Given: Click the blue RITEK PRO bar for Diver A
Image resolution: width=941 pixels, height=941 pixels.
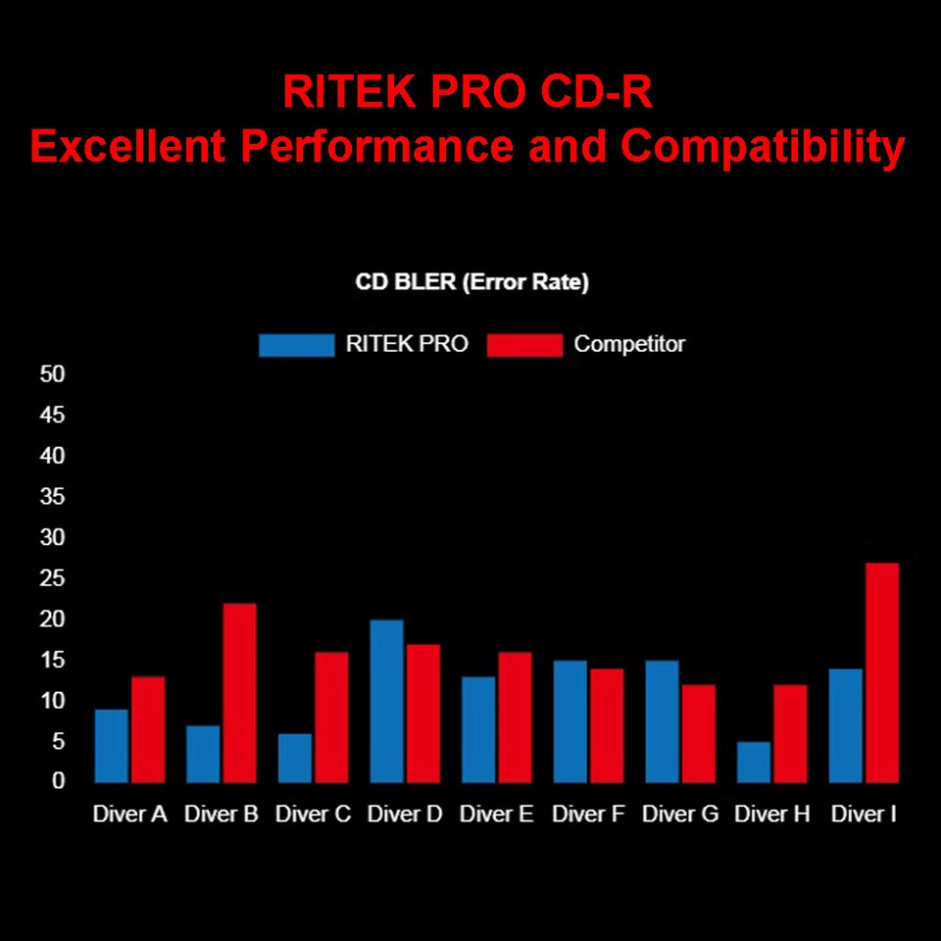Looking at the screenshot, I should [111, 746].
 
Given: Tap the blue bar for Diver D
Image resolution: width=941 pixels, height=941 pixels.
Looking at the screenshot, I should [386, 701].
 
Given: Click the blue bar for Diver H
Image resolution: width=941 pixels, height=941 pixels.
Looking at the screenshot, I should [754, 762].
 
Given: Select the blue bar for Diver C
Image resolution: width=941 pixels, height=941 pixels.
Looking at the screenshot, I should [294, 758].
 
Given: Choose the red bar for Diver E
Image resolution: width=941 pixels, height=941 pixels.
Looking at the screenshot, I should [515, 717].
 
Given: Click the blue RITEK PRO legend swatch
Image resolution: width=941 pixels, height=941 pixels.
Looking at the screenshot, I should [296, 345].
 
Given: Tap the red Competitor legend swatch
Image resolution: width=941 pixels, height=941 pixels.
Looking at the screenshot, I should [524, 345].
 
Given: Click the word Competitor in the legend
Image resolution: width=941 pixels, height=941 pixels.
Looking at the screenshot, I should [629, 344].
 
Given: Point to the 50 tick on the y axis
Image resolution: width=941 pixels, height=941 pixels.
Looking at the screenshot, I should [52, 374].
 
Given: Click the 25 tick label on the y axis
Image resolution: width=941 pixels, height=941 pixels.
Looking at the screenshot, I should [52, 578].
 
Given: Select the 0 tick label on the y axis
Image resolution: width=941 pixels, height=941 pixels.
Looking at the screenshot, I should [58, 781].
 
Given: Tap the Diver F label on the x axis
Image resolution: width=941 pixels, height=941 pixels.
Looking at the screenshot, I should [588, 815].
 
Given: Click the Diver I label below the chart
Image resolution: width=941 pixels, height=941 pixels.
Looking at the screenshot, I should [864, 815].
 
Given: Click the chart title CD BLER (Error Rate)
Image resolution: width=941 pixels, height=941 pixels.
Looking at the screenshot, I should [471, 283].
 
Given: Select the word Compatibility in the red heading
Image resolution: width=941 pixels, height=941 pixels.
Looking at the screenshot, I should [762, 147].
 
